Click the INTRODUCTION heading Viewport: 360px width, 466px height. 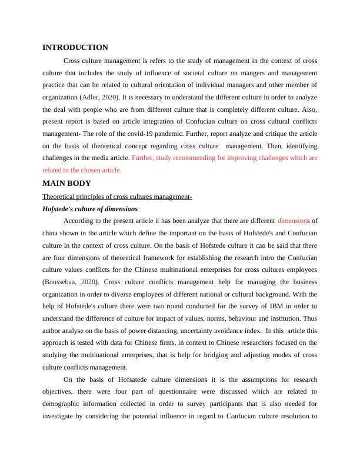(75, 48)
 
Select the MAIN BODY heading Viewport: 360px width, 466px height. (66, 184)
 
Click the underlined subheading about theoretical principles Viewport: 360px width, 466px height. (118, 197)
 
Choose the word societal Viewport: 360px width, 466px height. (175, 73)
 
